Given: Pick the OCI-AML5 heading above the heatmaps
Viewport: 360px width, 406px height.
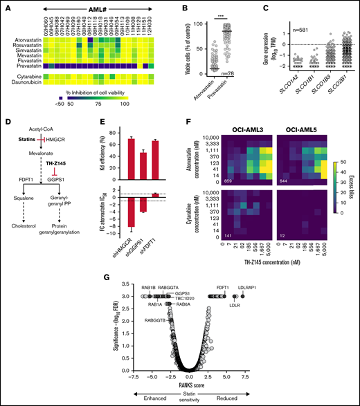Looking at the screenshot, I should pos(302,129).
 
